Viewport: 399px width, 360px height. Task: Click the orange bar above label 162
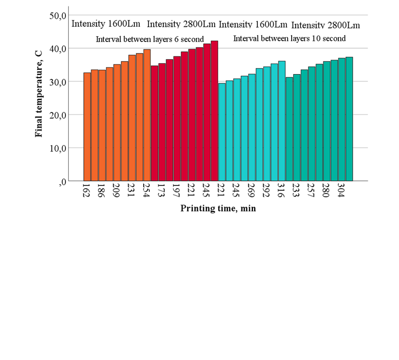pos(87,127)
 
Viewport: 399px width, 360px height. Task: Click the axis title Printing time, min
pos(218,209)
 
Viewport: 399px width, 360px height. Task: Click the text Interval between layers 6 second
pos(149,39)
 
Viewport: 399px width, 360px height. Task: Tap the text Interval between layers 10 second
pos(289,38)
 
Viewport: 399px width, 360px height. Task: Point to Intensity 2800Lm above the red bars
pos(181,24)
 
